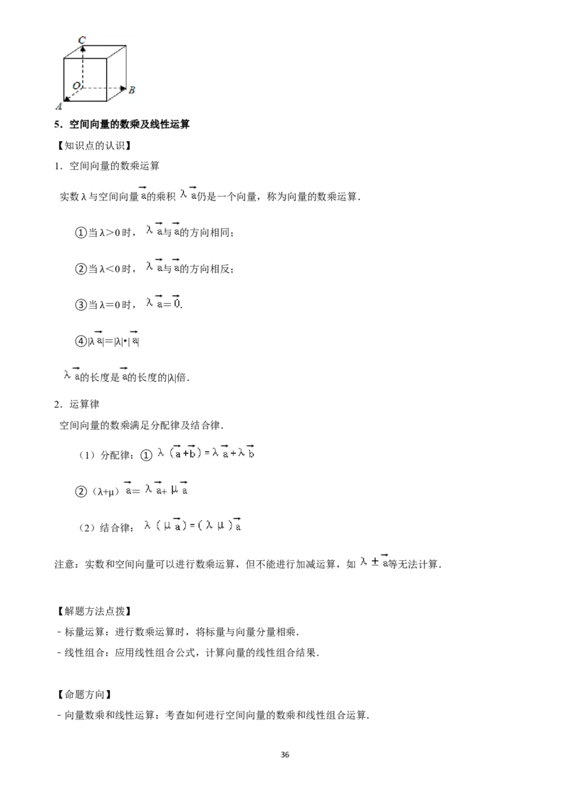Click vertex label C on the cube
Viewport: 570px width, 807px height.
click(x=83, y=40)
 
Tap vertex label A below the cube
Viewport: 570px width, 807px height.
click(x=58, y=106)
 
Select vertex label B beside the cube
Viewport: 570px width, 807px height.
click(x=132, y=90)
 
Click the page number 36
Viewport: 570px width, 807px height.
click(x=285, y=754)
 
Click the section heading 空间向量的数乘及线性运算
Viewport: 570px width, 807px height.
click(x=129, y=124)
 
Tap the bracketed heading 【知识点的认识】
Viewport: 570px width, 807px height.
click(x=92, y=145)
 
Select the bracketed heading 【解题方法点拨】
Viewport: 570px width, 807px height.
click(x=92, y=611)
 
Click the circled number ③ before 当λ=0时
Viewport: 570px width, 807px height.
click(x=81, y=304)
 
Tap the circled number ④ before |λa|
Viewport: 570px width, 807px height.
click(x=81, y=341)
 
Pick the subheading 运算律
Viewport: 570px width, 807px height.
click(x=84, y=404)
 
